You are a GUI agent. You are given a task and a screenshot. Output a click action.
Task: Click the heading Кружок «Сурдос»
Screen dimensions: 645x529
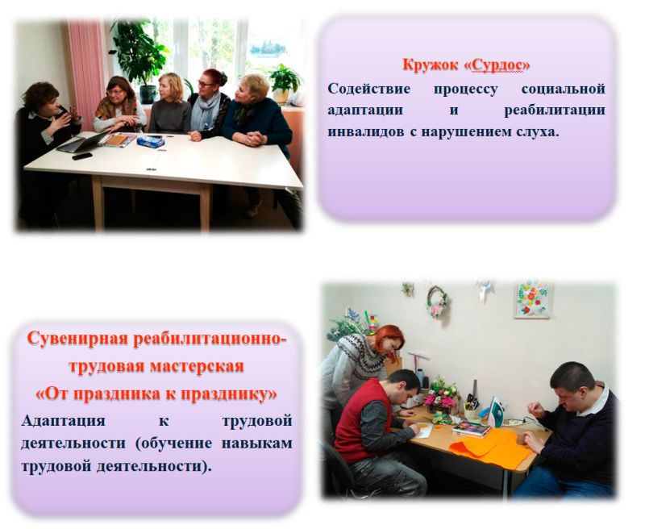[466, 65]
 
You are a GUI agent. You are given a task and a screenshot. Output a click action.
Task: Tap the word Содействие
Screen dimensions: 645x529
[368, 89]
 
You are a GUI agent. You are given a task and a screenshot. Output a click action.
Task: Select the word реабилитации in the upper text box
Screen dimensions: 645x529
[555, 110]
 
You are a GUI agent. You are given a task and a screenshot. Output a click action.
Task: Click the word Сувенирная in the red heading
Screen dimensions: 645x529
[77, 339]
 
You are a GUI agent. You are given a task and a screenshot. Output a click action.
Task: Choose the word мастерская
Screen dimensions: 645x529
[197, 366]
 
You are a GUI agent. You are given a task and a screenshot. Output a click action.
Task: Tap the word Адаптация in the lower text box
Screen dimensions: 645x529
[63, 421]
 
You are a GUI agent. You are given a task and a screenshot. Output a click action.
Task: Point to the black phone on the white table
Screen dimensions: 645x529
[82, 156]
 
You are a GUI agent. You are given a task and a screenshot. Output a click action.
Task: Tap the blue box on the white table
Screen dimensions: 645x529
[151, 142]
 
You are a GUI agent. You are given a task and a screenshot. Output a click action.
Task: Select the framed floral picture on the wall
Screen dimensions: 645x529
[532, 299]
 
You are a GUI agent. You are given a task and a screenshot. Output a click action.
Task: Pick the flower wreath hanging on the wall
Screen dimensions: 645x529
[437, 302]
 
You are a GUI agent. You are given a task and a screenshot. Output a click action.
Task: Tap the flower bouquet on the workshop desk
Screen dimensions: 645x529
[441, 395]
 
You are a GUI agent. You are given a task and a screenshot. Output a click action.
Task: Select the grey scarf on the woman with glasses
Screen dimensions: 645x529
[205, 111]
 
